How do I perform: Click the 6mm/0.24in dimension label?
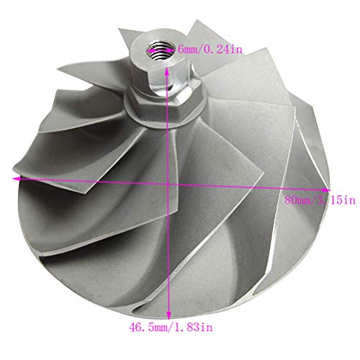pos(210,50)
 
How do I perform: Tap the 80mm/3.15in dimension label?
pos(320,200)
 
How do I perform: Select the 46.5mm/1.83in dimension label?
pos(171,327)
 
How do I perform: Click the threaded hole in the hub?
pos(161,50)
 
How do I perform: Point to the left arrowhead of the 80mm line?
pos(17,179)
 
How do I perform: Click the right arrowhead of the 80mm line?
pos(326,190)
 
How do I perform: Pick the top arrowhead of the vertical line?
pos(166,71)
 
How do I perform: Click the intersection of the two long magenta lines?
pos(168,184)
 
